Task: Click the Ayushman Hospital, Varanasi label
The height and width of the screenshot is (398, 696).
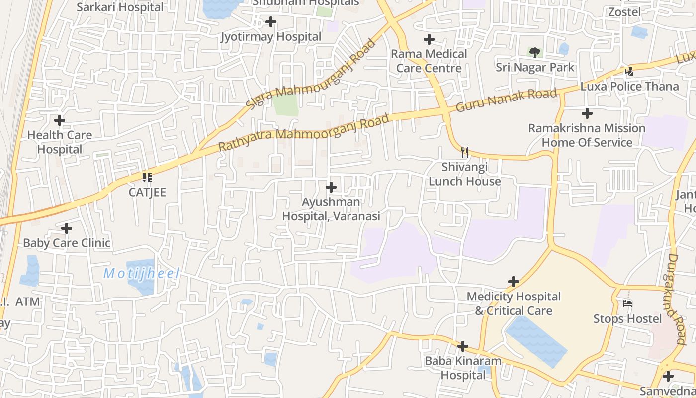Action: click(331, 209)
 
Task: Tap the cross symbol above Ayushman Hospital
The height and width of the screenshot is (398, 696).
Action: click(331, 188)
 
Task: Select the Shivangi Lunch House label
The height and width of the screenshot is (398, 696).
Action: click(465, 174)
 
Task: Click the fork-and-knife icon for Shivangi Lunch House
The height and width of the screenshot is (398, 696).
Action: click(465, 152)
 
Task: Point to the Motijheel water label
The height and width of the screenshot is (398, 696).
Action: click(142, 273)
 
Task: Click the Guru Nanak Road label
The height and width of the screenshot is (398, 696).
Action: click(506, 100)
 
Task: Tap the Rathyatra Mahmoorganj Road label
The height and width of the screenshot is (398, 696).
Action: click(303, 133)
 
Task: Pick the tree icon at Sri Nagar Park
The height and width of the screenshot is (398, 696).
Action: click(535, 52)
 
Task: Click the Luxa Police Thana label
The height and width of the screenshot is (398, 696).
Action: click(629, 87)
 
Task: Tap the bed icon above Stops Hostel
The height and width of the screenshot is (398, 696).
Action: click(627, 303)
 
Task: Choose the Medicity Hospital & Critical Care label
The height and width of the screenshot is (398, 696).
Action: click(514, 303)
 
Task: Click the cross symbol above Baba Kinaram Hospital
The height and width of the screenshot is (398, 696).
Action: click(463, 346)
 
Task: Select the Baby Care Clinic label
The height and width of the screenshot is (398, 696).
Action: click(67, 243)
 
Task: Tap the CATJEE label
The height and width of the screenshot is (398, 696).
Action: click(147, 192)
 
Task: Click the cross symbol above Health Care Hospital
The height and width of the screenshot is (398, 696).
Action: click(60, 120)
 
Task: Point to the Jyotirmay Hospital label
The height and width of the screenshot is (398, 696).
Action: click(271, 37)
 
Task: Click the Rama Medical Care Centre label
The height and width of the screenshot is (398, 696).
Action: click(429, 61)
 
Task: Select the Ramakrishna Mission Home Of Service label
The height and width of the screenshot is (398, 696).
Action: click(587, 135)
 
